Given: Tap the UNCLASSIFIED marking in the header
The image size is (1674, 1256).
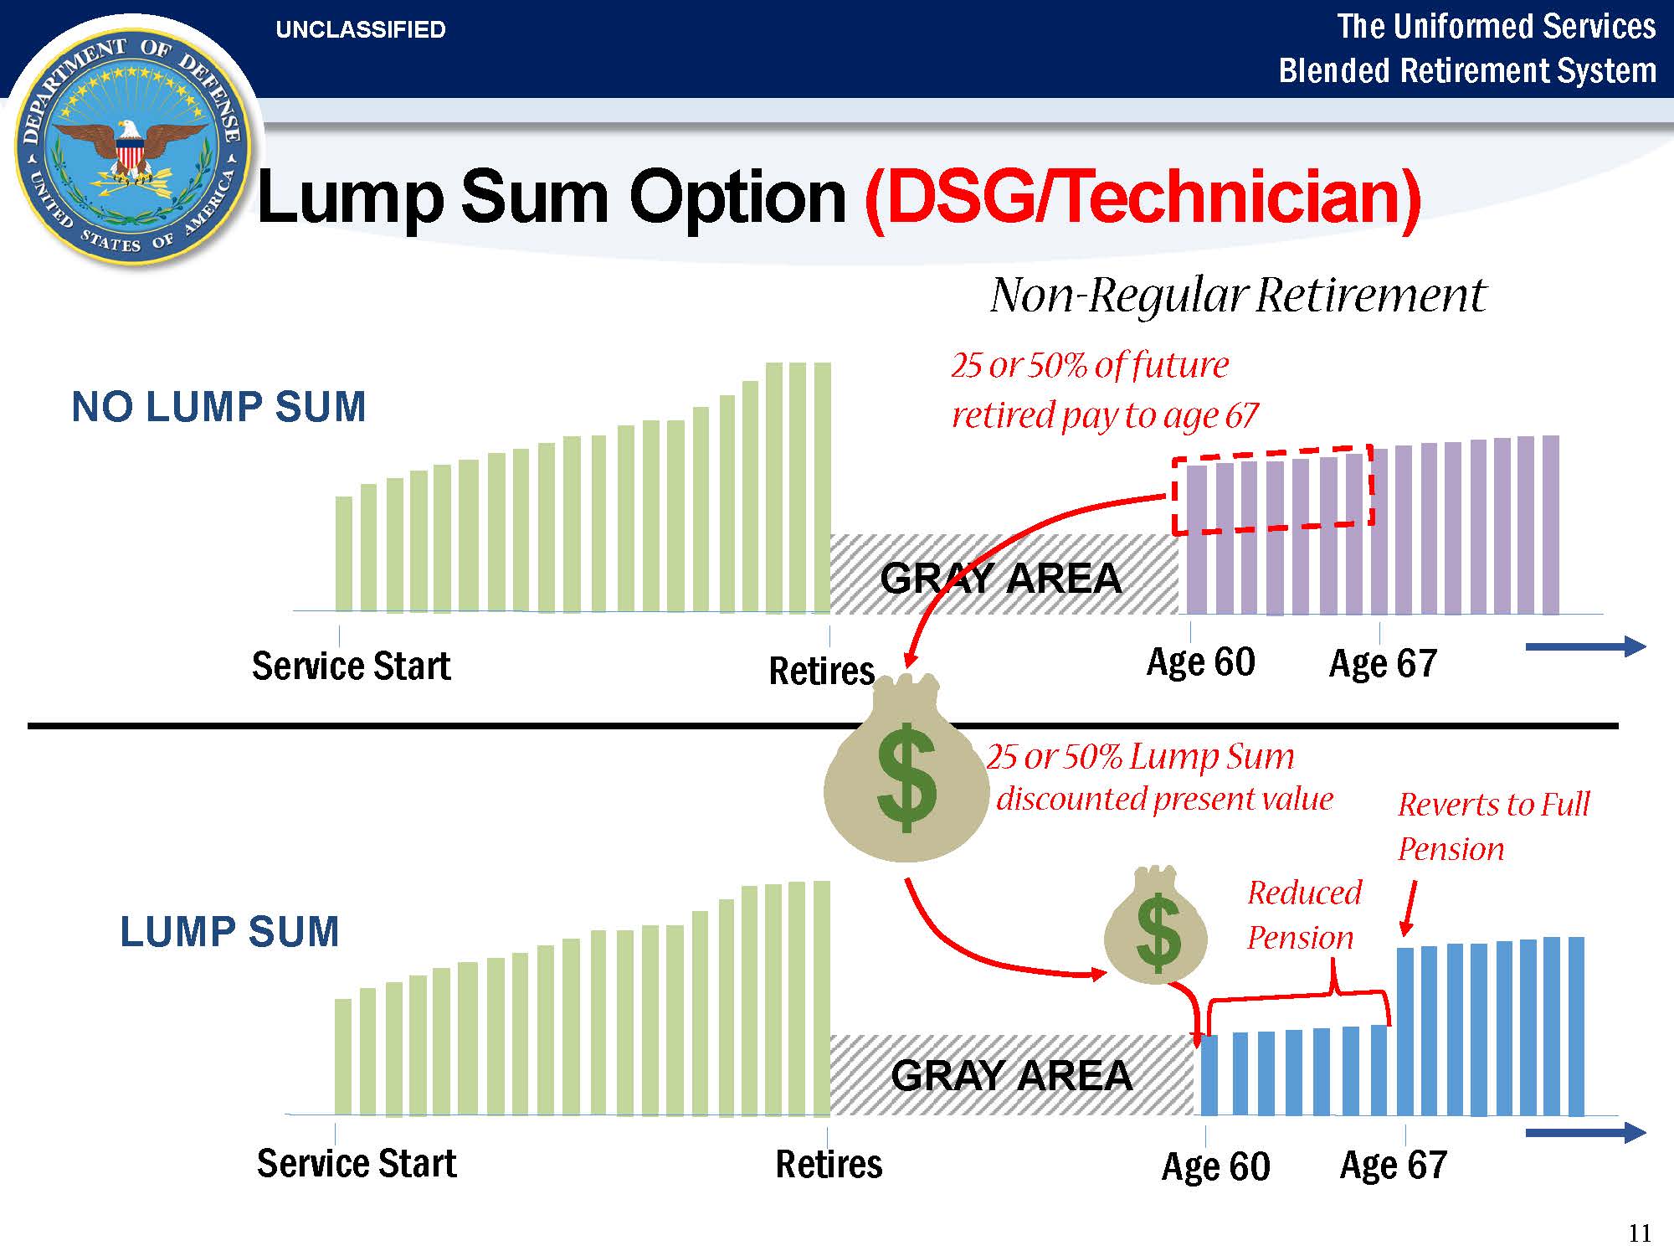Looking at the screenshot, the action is coord(361,30).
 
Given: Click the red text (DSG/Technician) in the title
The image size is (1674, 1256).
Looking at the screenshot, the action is coord(1143,198).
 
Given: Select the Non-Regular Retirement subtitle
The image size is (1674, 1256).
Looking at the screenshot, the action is coord(1238,295).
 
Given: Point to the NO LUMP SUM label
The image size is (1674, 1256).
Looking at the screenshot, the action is coord(219,407).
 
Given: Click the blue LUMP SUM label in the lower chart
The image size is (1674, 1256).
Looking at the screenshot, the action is coord(229,931).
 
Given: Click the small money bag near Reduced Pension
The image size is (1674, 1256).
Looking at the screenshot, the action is coord(1157,925).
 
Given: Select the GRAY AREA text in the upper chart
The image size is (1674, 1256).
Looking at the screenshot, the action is coord(1001,578).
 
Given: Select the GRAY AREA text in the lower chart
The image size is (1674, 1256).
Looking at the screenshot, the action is coord(1012,1075).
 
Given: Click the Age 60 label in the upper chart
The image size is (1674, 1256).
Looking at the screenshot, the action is coord(1201,662).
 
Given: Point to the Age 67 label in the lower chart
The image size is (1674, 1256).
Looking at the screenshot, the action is coord(1394,1165).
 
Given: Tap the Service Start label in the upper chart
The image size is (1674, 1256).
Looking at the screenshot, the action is coord(352,666).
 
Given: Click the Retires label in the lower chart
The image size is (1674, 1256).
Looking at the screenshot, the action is coord(829,1164).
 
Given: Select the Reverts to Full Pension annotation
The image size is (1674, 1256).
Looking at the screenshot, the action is coord(1493,826).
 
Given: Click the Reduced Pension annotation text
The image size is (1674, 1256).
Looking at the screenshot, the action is coord(1304,915).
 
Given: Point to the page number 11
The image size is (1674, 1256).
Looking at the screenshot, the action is coord(1641,1233).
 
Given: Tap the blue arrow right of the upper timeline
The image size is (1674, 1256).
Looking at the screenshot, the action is coord(1586,646).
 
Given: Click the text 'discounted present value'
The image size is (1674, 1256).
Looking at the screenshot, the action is coord(1164,799).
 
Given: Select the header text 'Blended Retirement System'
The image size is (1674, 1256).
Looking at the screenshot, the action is coord(1468,70).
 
